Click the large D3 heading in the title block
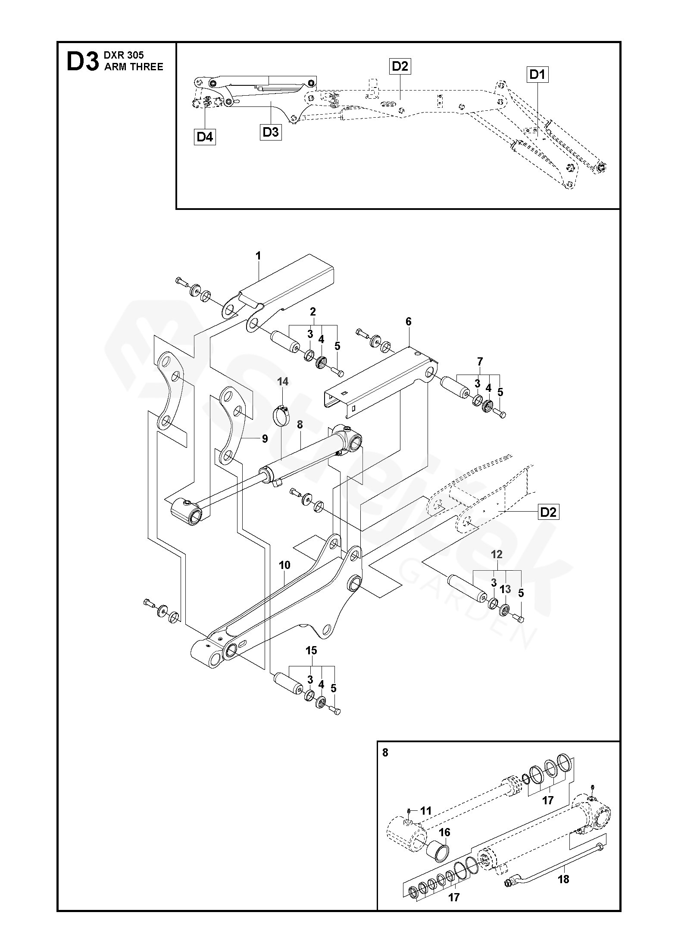tap(82, 62)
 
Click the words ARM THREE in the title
tap(134, 67)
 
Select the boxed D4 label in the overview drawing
tap(205, 137)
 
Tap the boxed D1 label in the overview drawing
tap(537, 75)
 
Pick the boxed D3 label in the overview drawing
tap(271, 132)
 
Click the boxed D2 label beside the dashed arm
tap(548, 512)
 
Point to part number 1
tap(258, 256)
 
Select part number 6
tap(409, 322)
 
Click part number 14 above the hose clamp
tap(283, 381)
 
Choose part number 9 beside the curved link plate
tap(265, 439)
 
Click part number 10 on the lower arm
tap(285, 565)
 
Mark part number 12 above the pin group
tap(497, 554)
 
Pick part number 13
tap(505, 589)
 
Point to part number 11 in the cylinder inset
tap(426, 811)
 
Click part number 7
tap(480, 361)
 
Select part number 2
tap(313, 311)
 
